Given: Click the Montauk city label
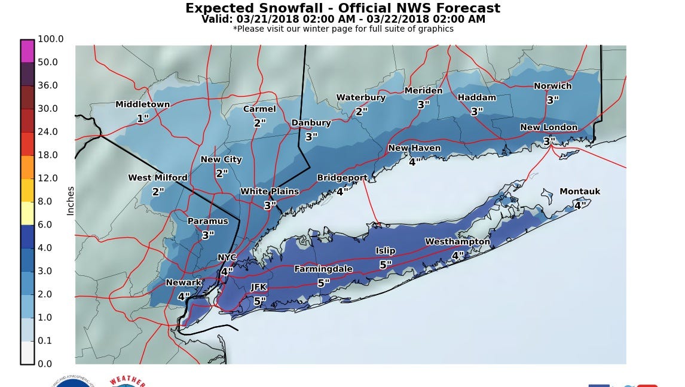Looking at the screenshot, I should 579,192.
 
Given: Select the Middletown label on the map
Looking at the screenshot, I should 142,105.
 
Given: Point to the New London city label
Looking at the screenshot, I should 548,127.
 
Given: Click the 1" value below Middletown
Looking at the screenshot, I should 142,118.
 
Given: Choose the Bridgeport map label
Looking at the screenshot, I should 342,178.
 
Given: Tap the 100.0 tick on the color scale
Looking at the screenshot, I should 50,39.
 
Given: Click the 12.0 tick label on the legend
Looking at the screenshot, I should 48,178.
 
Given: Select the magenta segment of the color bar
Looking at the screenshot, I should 27,51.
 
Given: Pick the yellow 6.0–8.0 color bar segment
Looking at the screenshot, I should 27,213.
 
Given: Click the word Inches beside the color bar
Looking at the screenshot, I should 71,201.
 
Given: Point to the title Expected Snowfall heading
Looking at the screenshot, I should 342,8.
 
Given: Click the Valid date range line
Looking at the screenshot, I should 342,19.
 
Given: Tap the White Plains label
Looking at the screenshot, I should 269,192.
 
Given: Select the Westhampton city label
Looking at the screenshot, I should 457,242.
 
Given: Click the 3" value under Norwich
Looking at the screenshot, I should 552,100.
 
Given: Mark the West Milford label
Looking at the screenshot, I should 157,178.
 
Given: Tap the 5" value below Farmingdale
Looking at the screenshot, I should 323,282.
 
